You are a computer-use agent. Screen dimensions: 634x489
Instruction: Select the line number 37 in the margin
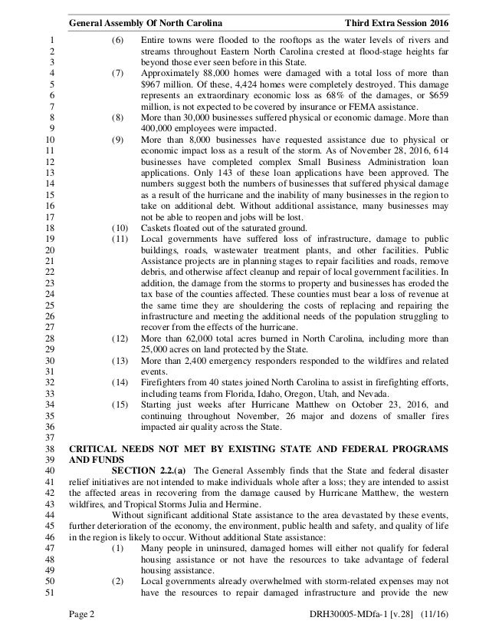(x=51, y=438)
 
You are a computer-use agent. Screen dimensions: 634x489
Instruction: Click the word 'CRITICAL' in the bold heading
(x=95, y=448)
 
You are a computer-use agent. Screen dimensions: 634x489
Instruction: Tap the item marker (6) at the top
(x=118, y=41)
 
